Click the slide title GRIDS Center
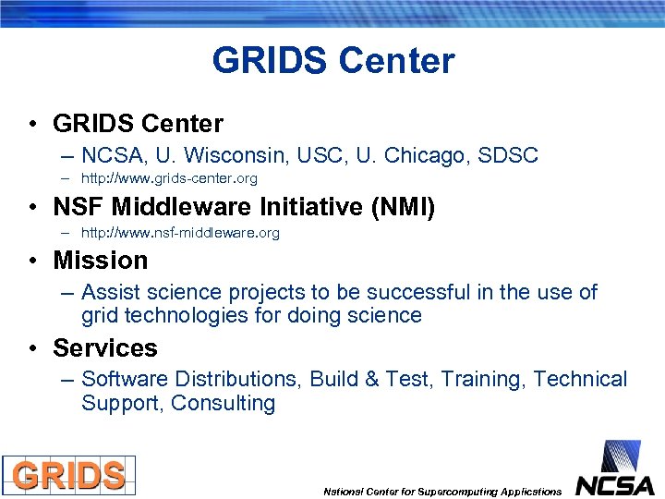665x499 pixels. click(332, 61)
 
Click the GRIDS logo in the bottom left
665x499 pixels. click(68, 475)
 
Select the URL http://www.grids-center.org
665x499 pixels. click(169, 178)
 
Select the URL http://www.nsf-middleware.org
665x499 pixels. click(180, 233)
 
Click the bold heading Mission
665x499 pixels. click(100, 261)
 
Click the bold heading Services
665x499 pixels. click(104, 348)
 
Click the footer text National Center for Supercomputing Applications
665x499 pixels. click(441, 492)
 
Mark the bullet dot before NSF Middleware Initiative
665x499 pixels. click(32, 208)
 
